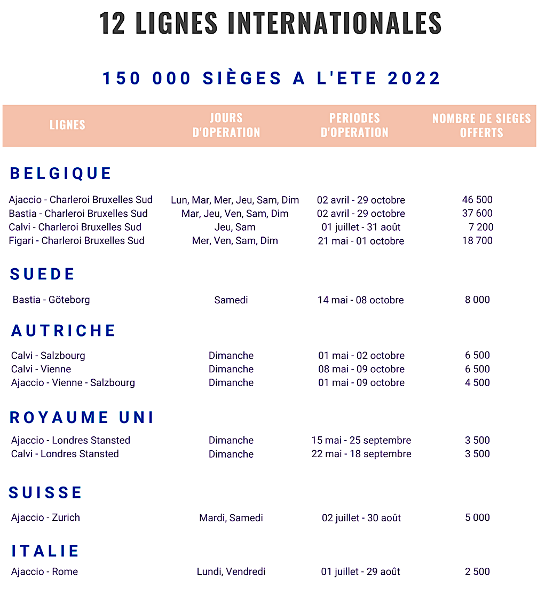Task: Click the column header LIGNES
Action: click(67, 125)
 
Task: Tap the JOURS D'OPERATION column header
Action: click(226, 125)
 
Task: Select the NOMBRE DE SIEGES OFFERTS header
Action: click(481, 125)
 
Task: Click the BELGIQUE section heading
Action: click(61, 174)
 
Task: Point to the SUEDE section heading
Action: click(43, 274)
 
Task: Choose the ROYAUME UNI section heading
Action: click(82, 418)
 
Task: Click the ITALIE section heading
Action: click(46, 551)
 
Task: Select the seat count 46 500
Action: click(477, 200)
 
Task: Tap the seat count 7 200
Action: click(481, 227)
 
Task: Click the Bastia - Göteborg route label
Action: click(51, 300)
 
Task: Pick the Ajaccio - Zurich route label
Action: click(45, 518)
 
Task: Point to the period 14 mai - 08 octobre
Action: click(360, 300)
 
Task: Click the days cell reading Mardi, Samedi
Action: click(231, 518)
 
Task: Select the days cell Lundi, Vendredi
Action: click(231, 571)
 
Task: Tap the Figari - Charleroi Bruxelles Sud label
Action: click(76, 240)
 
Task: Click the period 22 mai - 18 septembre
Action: click(361, 454)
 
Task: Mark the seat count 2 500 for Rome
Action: click(477, 571)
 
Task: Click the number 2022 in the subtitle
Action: click(414, 79)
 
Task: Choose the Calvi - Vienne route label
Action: click(41, 369)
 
